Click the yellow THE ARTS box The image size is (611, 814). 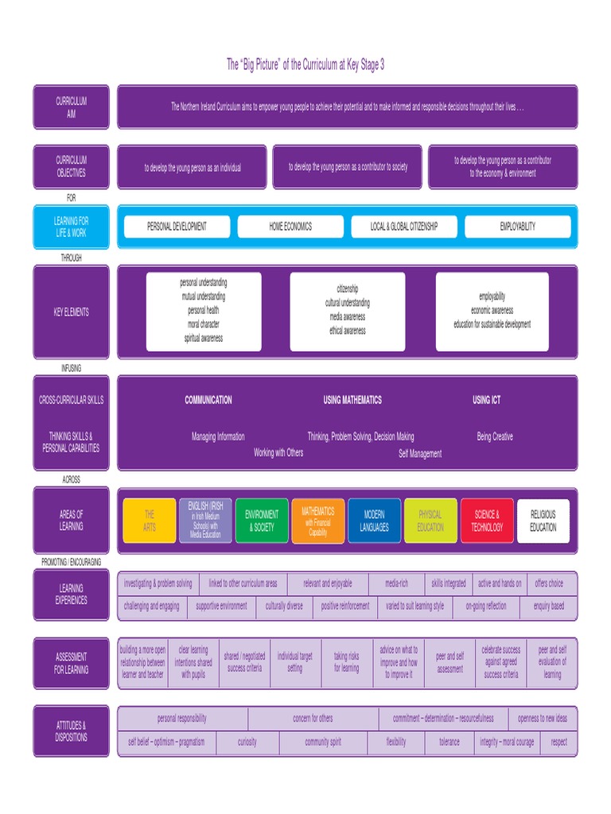point(150,521)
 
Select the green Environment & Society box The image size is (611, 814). point(262,521)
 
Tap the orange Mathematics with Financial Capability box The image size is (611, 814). point(318,521)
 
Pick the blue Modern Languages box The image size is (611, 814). point(374,521)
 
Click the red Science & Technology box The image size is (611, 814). point(487,521)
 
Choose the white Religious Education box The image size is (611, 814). point(543,521)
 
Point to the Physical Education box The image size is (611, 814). point(430,521)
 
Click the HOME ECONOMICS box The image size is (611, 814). point(290,227)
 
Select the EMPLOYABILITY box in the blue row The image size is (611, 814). point(518,227)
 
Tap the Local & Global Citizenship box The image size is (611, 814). point(404,227)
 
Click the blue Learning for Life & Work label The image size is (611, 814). point(71,227)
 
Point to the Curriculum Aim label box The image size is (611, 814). point(71,107)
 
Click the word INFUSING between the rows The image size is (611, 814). point(71,368)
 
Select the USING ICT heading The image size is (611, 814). point(487,400)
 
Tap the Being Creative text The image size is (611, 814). point(495,436)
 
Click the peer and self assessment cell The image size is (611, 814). point(450,663)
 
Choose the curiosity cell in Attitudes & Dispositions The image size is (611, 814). point(247,742)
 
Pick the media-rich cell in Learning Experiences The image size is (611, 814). point(395,583)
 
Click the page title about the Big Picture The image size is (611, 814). point(305,65)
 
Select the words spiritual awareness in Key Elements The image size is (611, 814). point(204,339)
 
